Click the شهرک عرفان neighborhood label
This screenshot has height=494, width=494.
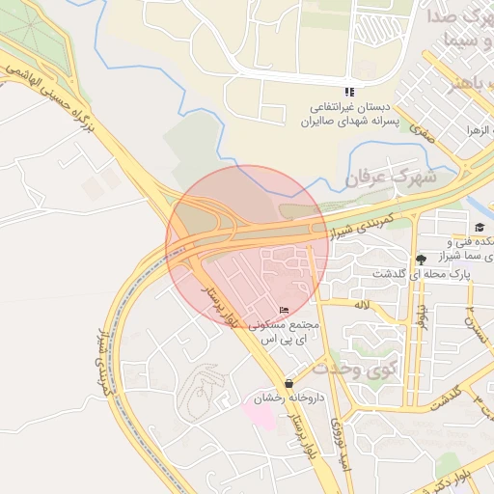pos(391,178)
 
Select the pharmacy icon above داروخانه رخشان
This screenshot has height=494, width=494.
pos(289,383)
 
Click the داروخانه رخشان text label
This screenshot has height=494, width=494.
pos(289,398)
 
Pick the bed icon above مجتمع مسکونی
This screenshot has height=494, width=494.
pos(284,310)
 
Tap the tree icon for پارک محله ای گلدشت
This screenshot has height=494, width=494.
pos(421,259)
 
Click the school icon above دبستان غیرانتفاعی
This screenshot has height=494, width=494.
pos(348,92)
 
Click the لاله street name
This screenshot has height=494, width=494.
pos(362,305)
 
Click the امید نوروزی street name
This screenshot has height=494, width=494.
pos(337,445)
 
